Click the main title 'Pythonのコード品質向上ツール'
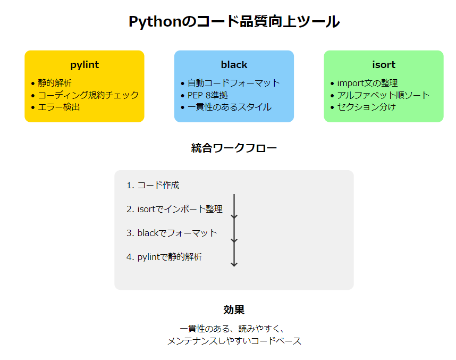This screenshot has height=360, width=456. [x=234, y=22]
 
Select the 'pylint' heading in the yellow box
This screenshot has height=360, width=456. [x=85, y=65]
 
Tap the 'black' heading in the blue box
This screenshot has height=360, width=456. [x=234, y=65]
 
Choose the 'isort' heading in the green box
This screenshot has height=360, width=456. [x=384, y=65]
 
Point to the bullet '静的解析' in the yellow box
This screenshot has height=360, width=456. [x=55, y=83]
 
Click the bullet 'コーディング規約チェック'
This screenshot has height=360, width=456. [x=88, y=95]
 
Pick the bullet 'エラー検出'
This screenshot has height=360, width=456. [x=59, y=107]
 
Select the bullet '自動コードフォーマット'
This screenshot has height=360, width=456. [x=233, y=83]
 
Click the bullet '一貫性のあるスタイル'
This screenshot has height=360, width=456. [x=229, y=107]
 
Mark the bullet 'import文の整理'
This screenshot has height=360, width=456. [x=367, y=83]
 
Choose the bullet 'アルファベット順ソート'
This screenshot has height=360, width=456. [x=383, y=95]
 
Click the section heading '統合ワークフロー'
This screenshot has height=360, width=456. [x=234, y=148]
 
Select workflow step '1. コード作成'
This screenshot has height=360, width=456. [x=153, y=185]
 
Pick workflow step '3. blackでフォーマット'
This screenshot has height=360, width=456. [x=172, y=233]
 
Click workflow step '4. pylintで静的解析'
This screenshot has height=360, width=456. [x=164, y=257]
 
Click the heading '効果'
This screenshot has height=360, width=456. [x=234, y=310]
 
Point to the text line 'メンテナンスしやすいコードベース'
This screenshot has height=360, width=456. [x=234, y=341]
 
